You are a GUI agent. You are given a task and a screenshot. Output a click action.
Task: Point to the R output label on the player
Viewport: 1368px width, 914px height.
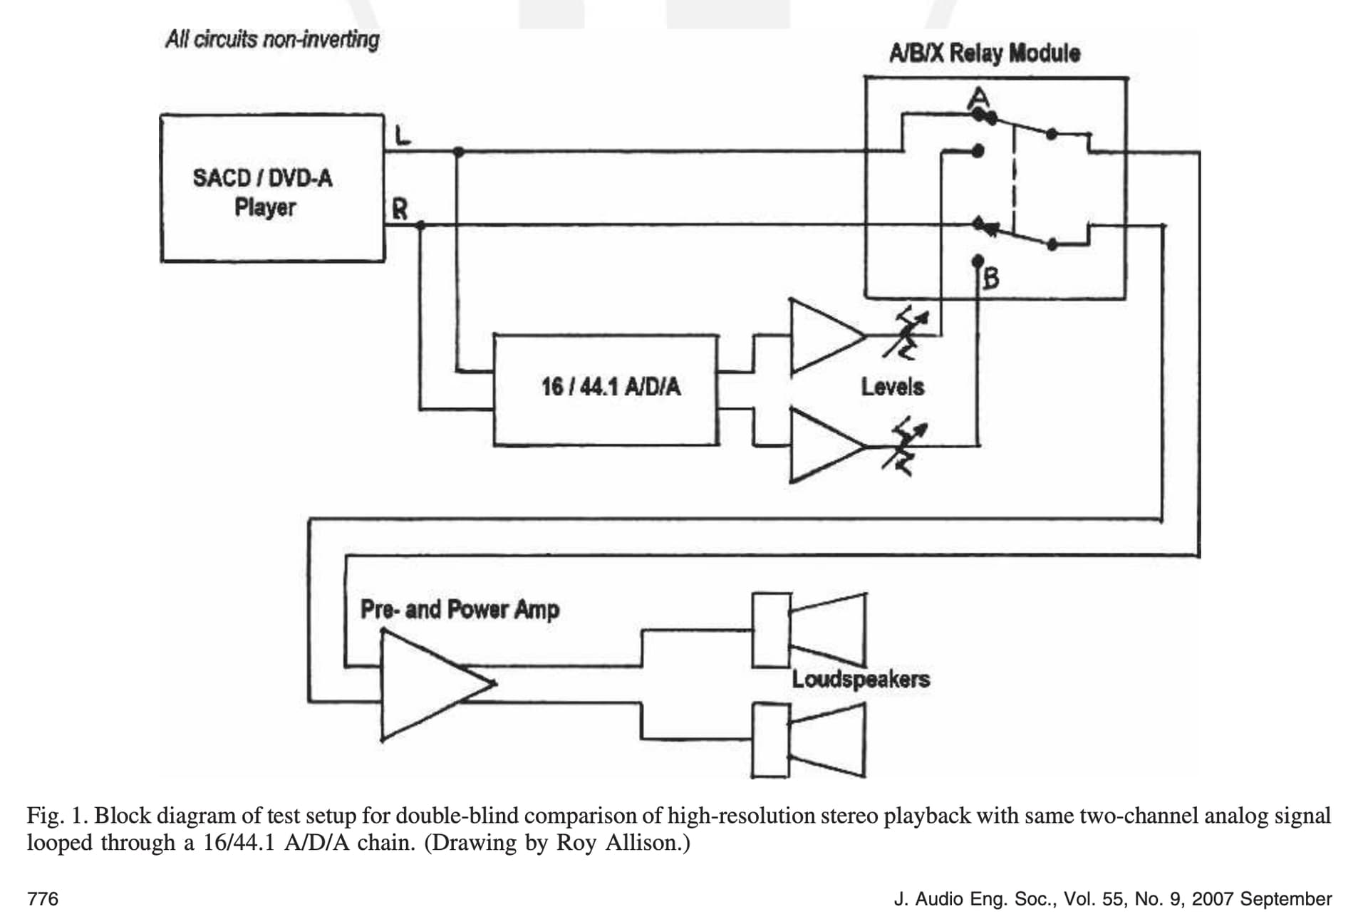click(400, 209)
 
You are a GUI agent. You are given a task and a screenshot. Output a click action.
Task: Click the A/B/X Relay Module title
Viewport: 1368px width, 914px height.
click(984, 53)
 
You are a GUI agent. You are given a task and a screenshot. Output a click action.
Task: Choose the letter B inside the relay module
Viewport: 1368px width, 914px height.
click(991, 277)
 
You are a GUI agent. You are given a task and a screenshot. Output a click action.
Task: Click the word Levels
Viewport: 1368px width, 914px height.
click(892, 387)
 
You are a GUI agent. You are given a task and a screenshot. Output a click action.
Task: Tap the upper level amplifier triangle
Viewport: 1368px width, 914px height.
click(827, 336)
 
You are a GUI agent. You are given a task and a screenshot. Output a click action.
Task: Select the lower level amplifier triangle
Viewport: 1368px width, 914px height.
click(827, 446)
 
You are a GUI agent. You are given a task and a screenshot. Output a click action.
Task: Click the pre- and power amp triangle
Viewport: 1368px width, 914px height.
click(437, 685)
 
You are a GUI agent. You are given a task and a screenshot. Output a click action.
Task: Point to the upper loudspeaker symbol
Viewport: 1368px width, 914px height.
click(809, 630)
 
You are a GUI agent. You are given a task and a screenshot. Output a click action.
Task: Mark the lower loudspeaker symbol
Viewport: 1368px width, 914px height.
click(809, 740)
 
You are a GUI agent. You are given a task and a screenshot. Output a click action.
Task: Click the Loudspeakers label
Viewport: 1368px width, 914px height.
click(861, 679)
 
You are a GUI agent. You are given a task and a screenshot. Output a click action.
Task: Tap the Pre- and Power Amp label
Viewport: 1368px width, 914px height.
click(460, 610)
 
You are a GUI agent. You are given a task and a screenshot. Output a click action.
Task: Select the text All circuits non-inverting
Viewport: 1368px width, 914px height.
click(272, 39)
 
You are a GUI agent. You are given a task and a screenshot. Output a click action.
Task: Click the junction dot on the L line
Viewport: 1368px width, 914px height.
click(458, 152)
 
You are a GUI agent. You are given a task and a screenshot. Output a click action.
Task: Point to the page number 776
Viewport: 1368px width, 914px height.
click(43, 898)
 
